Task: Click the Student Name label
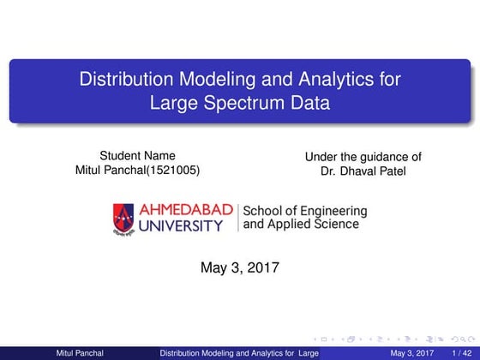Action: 137,155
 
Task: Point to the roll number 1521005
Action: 173,170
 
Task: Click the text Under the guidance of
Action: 363,156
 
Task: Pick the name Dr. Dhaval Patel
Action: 363,171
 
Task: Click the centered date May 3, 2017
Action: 239,268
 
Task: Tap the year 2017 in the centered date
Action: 261,268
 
